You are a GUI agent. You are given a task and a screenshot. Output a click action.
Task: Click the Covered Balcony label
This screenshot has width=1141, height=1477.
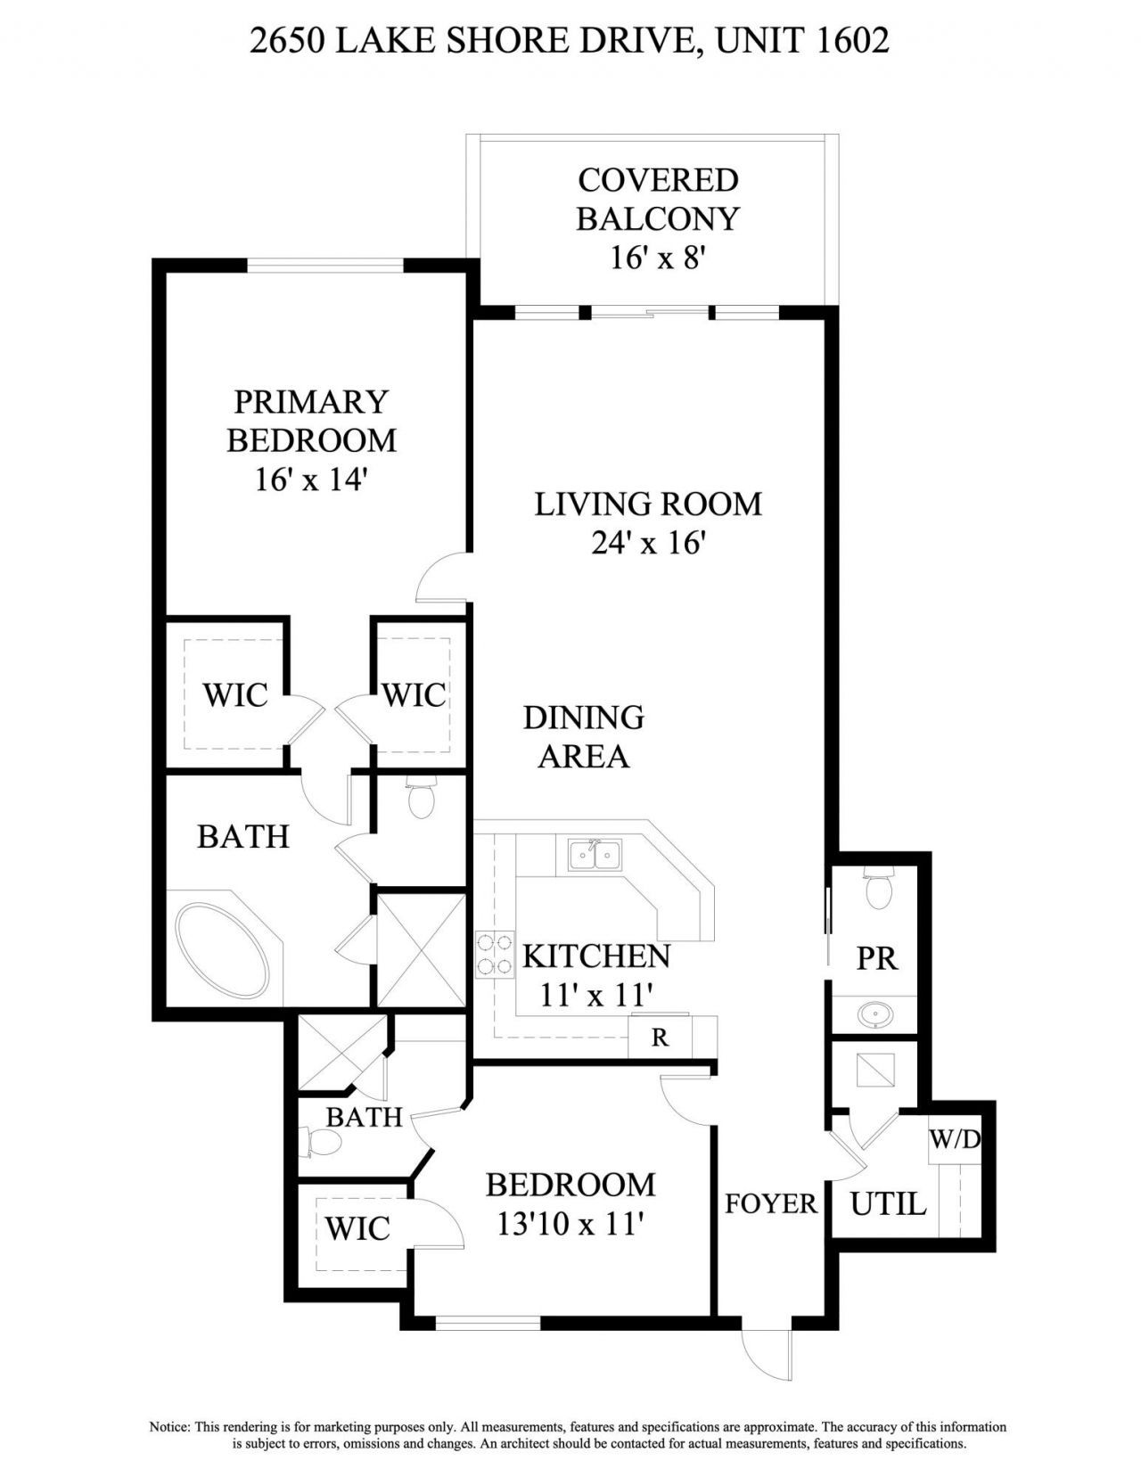(657, 199)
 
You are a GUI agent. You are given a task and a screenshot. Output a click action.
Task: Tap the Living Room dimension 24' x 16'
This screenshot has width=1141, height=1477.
(648, 543)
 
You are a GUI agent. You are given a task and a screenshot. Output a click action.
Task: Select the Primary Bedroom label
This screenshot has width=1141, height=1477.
(311, 421)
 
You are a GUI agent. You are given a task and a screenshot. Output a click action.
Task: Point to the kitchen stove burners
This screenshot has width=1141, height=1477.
(495, 954)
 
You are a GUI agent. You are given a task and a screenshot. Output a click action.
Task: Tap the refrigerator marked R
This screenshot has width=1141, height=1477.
(660, 1038)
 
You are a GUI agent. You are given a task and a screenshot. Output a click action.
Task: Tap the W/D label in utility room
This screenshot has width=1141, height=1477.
(956, 1139)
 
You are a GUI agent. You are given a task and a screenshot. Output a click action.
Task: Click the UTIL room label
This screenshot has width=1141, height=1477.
(888, 1205)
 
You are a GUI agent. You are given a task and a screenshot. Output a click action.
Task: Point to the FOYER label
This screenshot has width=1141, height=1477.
(770, 1204)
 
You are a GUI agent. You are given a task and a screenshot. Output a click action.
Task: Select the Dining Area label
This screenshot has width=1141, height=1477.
(584, 736)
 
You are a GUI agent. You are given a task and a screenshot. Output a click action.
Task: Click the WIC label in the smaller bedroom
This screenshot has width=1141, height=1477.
(357, 1229)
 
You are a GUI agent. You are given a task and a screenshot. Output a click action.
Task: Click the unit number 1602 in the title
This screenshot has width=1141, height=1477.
(852, 40)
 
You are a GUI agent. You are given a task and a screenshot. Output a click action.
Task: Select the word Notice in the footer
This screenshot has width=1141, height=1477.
(168, 1427)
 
